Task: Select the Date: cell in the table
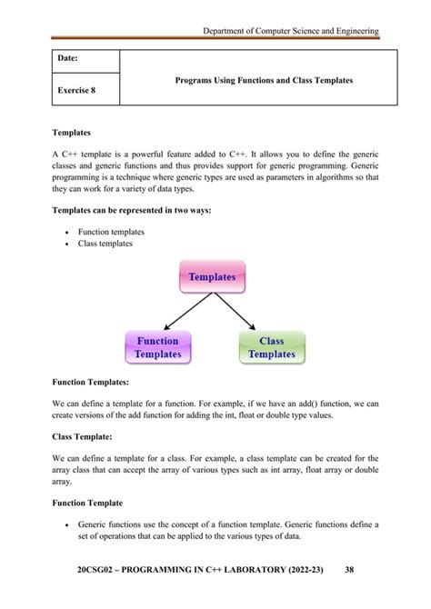coord(68,60)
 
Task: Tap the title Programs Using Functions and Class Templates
coord(264,81)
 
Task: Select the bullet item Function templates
coord(110,232)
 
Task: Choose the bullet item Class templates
coord(105,244)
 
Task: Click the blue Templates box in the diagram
coord(212,276)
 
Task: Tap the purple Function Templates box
coord(158,347)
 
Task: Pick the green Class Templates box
coord(272,347)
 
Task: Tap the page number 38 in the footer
coord(349,570)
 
